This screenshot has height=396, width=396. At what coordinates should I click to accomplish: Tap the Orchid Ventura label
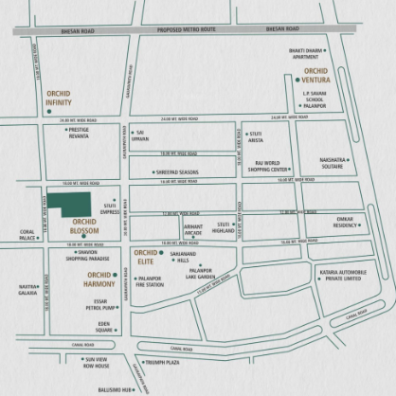[315, 76]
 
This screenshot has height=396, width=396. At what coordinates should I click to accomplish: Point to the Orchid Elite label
[146, 257]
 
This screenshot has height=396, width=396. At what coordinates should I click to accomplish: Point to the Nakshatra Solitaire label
[328, 164]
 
